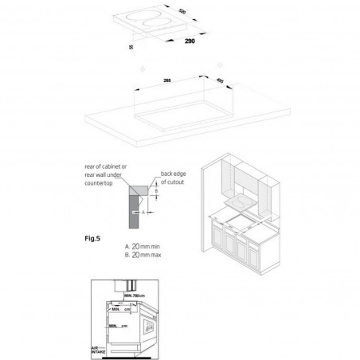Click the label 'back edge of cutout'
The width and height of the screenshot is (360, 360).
tap(175, 177)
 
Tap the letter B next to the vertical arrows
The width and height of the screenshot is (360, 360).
tap(157, 192)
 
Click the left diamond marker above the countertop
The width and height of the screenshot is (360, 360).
tap(140, 69)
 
